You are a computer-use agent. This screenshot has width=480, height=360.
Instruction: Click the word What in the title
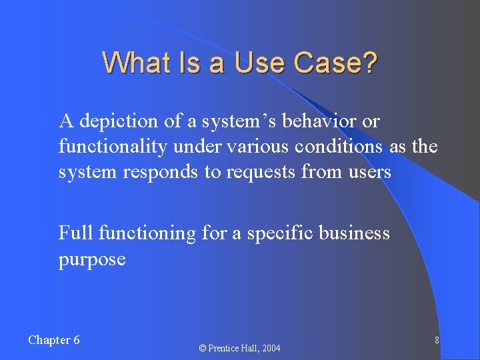(x=131, y=63)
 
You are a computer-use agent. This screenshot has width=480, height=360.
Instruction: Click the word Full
(x=75, y=233)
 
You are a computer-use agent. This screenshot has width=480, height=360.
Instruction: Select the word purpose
(x=92, y=259)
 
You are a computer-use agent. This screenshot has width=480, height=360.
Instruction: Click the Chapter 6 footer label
(x=54, y=340)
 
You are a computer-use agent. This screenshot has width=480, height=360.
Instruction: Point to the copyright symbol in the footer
(x=203, y=348)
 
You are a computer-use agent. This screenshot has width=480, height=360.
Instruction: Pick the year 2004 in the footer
(x=271, y=348)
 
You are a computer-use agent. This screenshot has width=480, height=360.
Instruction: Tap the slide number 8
(x=436, y=340)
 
